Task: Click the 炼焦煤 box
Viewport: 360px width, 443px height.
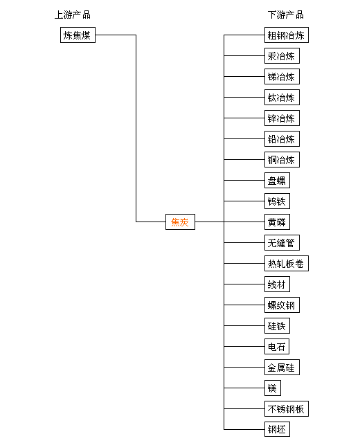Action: (x=78, y=35)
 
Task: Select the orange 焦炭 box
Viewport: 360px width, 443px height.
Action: (x=180, y=221)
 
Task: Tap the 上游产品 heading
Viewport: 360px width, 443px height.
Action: (x=73, y=15)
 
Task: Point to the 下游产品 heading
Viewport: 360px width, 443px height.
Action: (x=286, y=15)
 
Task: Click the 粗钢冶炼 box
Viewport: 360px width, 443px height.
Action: (x=287, y=35)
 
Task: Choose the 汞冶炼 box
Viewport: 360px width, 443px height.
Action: (x=282, y=55)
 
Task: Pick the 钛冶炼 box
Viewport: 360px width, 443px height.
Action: (x=282, y=97)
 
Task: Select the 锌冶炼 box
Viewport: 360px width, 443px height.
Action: (x=282, y=118)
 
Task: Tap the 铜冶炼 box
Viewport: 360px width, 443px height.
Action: (x=282, y=160)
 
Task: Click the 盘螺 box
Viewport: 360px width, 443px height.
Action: (x=277, y=180)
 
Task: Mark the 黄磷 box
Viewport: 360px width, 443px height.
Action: (x=277, y=221)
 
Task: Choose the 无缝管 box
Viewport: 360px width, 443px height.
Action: (x=282, y=243)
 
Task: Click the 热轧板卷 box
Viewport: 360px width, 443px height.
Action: (x=287, y=263)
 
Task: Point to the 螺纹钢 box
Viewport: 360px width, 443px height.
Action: (x=282, y=305)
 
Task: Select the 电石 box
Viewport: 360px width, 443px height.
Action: (x=277, y=346)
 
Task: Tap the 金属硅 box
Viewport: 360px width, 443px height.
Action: (x=282, y=368)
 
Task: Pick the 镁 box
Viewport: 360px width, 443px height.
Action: (x=273, y=388)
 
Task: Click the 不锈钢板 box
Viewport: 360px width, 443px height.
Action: (x=287, y=409)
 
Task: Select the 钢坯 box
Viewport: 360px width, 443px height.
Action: (x=277, y=429)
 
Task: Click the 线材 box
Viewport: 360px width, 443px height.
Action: (x=277, y=284)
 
